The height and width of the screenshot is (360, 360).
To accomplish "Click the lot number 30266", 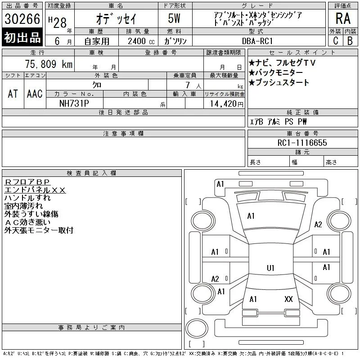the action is coord(22,19).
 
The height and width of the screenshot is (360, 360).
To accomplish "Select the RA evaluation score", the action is coord(343,18).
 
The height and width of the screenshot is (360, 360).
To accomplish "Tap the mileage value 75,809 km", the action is coord(49,64).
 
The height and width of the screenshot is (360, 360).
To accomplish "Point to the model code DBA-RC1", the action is coord(257,41).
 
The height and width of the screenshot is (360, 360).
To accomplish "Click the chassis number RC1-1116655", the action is coord(302,143).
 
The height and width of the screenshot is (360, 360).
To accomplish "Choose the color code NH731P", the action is coord(74,103).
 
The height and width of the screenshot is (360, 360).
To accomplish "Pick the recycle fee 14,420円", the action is coord(227,104).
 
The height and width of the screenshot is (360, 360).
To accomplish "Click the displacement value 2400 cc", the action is coord(141,41).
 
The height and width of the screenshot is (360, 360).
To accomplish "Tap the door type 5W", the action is coord(174,18).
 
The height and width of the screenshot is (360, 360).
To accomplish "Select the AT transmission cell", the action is coord(13,94).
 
